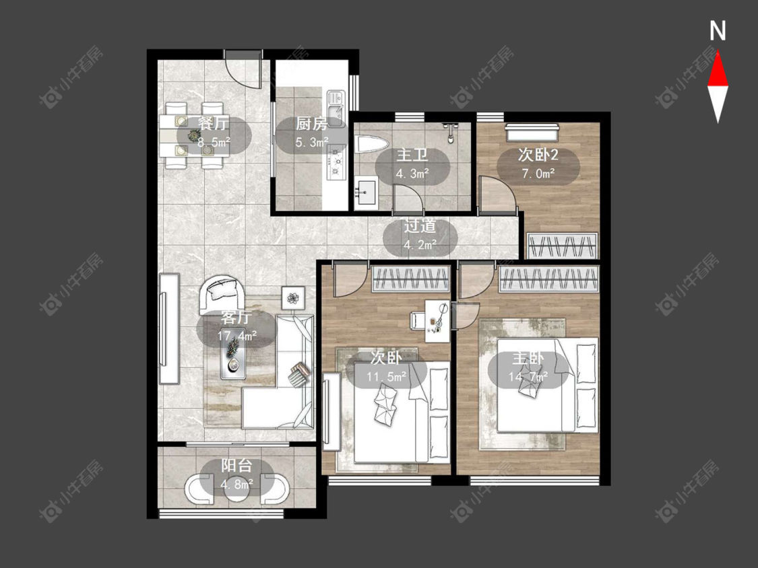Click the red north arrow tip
718,52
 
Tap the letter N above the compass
718,31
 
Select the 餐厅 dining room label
213,124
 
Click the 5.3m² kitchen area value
312,143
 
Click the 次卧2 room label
538,155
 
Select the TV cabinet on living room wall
169,328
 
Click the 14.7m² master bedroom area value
528,376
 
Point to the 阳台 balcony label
236,466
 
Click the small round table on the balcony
237,490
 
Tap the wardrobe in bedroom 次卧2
562,246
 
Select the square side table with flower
293,298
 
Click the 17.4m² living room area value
236,335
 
